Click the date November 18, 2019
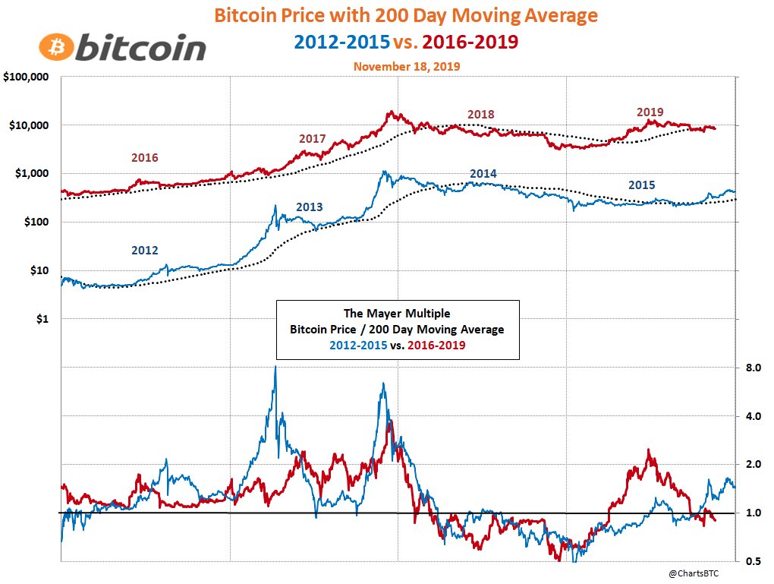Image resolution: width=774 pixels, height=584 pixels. pos(406,66)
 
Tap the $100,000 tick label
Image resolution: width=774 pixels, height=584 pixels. pos(27,77)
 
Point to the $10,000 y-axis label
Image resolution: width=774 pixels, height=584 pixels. pos(29,125)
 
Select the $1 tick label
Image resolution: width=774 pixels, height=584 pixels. pos(42,319)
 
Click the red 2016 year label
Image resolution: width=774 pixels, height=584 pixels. pos(145,158)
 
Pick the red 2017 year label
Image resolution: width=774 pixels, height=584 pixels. pos(312,139)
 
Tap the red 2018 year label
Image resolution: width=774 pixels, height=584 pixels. pos(480,115)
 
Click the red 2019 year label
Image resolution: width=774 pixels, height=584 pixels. pos(650,112)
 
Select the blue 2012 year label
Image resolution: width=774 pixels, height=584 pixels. pos(145,249)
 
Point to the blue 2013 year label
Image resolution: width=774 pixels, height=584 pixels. pos(309,207)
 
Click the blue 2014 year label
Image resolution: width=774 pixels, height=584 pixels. pos(483,174)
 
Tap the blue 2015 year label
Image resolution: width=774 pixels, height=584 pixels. pos(641,185)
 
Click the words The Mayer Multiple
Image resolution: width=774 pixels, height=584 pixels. pos(398,313)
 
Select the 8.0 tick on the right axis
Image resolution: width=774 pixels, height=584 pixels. pos(754,368)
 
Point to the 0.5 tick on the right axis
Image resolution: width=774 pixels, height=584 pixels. pos(754,561)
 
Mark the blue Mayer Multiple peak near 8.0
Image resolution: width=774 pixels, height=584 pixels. pos(275,368)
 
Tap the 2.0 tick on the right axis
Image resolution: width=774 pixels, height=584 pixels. pos(754,465)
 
